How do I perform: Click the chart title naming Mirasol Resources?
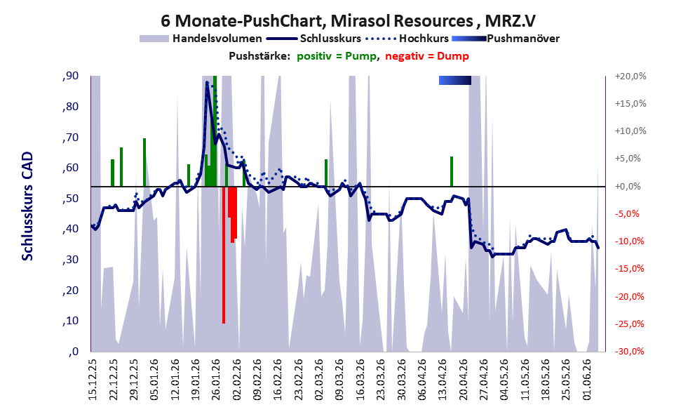pyautogui.click(x=348, y=20)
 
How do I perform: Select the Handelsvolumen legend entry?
pyautogui.click(x=201, y=39)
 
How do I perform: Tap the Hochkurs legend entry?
pyautogui.click(x=407, y=39)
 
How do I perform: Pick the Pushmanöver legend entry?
pyautogui.click(x=506, y=39)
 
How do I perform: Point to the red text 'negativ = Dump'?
pyautogui.click(x=427, y=56)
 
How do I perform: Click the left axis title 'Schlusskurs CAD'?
pyautogui.click(x=27, y=206)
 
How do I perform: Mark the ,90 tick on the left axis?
pyautogui.click(x=70, y=76)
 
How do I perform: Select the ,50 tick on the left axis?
pyautogui.click(x=70, y=198)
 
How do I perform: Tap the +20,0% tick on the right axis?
pyautogui.click(x=630, y=77)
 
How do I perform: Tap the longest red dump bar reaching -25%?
pyautogui.click(x=224, y=255)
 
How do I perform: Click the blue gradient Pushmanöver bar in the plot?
pyautogui.click(x=454, y=80)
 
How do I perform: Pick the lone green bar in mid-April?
pyautogui.click(x=452, y=172)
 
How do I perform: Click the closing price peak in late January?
pyautogui.click(x=207, y=83)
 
